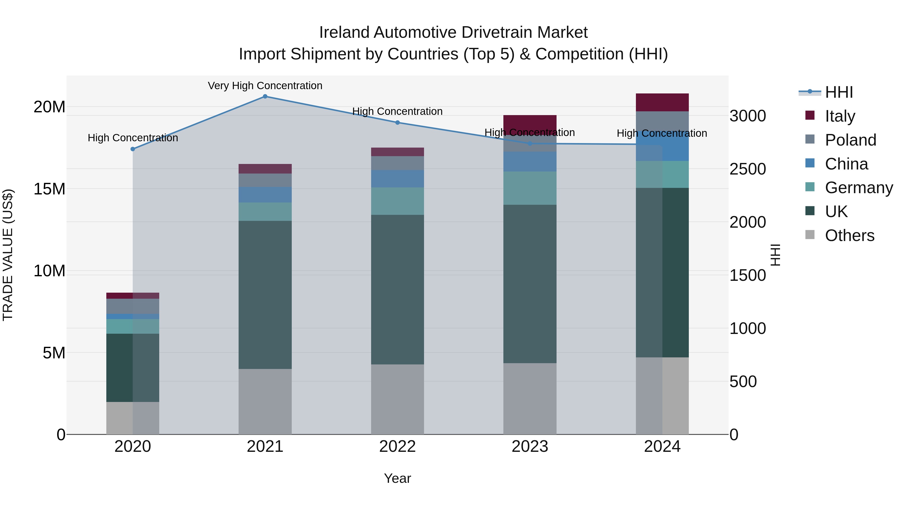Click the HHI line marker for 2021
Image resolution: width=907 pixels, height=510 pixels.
click(265, 96)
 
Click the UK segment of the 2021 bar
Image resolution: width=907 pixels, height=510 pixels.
click(265, 295)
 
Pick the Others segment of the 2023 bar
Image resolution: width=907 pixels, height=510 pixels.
click(530, 398)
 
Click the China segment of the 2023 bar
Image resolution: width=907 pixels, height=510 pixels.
click(530, 161)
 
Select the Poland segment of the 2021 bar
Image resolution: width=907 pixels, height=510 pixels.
click(265, 180)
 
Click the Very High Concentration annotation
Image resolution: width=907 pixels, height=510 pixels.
click(265, 86)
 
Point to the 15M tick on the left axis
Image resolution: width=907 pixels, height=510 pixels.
click(49, 189)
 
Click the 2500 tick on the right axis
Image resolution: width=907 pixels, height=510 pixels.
click(747, 169)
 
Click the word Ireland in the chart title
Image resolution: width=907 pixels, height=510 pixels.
click(344, 32)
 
